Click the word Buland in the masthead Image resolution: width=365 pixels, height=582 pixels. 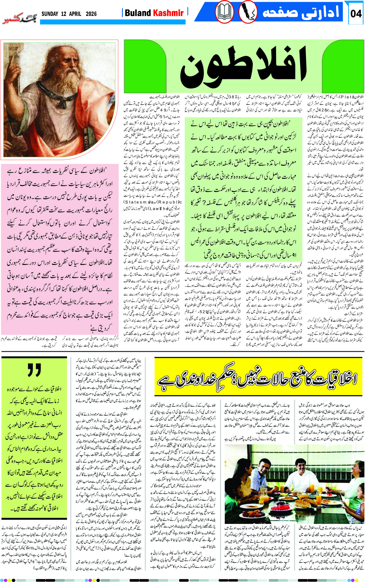[138, 13]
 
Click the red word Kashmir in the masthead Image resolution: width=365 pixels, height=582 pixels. [168, 13]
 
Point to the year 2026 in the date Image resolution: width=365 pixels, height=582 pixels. [91, 14]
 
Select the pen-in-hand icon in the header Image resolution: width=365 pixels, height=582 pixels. [248, 13]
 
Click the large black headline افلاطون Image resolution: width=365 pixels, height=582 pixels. [243, 68]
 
